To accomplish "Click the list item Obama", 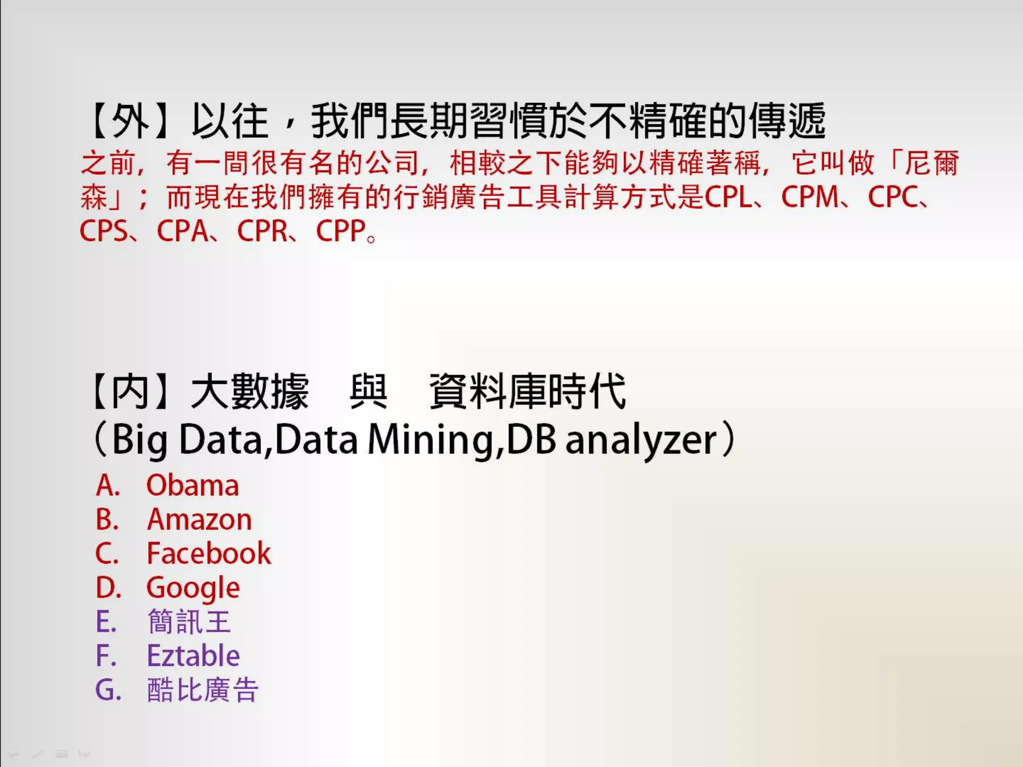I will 192,485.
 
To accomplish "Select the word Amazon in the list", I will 199,519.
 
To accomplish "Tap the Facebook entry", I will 209,553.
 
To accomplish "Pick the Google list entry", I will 193,588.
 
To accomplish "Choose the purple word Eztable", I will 193,656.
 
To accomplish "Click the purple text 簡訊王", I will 189,622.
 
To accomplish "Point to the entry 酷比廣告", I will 203,690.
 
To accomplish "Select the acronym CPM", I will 810,197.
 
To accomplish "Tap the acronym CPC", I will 893,197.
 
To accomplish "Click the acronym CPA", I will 182,231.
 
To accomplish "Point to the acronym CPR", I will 262,231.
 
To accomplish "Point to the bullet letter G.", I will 108,690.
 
